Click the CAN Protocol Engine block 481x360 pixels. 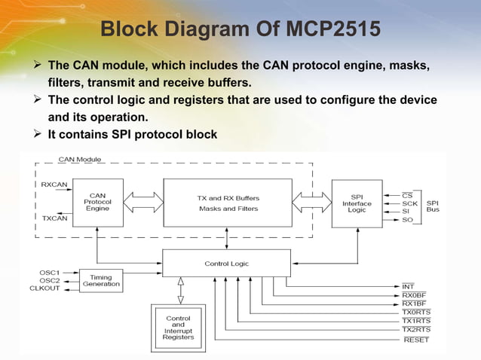point(98,203)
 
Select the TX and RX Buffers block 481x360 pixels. point(228,203)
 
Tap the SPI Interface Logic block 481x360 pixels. point(357,203)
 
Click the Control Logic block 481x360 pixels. point(226,264)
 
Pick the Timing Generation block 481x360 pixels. point(101,281)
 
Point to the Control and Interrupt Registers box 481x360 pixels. point(178,328)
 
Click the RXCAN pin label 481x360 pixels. point(54,184)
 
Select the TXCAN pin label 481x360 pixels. point(54,218)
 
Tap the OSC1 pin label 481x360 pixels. point(50,272)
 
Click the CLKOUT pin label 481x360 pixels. point(46,288)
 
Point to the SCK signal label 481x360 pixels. point(409,203)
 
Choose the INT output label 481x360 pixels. point(408,286)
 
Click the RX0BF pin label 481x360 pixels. point(415,295)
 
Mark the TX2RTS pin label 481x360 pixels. point(416,329)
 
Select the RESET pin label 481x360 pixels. point(416,340)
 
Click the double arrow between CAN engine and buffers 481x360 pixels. point(143,202)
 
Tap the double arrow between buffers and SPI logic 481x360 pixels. point(311,202)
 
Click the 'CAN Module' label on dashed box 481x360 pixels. point(80,160)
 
